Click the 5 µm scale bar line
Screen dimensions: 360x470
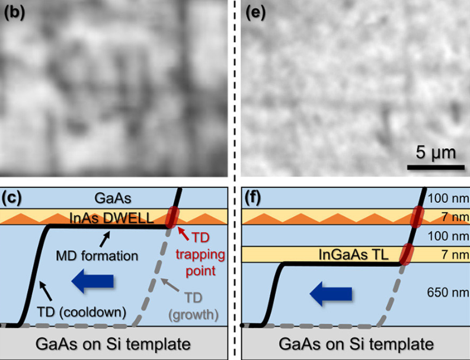pyautogui.click(x=431, y=166)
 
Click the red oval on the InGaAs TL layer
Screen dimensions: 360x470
pyautogui.click(x=407, y=255)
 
